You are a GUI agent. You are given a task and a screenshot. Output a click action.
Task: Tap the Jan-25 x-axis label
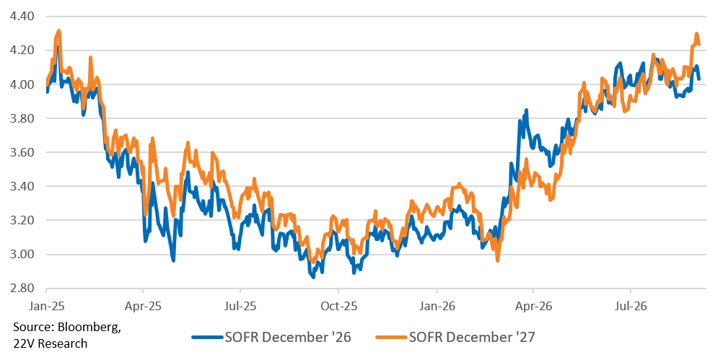click(46, 305)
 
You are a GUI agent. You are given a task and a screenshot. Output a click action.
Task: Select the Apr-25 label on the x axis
click(143, 305)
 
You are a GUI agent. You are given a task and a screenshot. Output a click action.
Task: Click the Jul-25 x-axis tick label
click(240, 305)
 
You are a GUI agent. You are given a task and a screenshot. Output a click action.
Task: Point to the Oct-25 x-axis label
click(338, 305)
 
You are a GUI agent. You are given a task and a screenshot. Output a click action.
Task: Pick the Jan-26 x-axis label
click(437, 305)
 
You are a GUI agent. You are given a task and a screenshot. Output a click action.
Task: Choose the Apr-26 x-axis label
click(533, 305)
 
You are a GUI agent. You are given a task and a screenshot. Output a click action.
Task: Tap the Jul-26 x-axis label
click(631, 305)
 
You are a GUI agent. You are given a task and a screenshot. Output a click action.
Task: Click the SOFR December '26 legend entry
click(271, 338)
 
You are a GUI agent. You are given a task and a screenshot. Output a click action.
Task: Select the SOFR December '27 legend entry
click(455, 338)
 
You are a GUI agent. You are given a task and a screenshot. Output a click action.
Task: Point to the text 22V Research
click(50, 343)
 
